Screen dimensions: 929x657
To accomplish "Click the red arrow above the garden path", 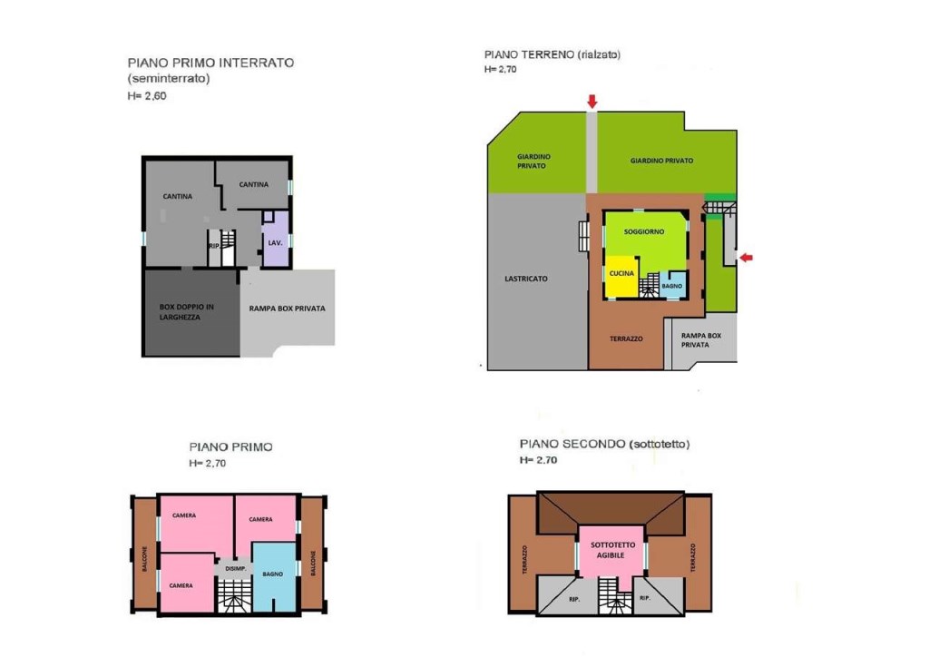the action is [x=592, y=102].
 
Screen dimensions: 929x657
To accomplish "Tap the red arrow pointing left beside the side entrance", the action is [x=746, y=258].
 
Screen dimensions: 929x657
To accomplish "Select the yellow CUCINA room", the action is [x=621, y=276].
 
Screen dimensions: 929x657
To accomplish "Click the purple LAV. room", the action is [x=276, y=238].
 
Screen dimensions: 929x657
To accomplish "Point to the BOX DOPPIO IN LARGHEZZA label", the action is [x=186, y=311].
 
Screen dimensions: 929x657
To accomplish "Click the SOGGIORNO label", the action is [x=644, y=231].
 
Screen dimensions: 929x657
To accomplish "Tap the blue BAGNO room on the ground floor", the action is [x=672, y=285].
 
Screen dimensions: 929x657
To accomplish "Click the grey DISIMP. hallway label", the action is [x=236, y=569].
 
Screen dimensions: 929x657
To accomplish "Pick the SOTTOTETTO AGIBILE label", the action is [x=612, y=550].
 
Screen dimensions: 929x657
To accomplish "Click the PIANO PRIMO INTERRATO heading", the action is [x=210, y=63].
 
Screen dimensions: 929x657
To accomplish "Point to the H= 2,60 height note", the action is [x=147, y=96].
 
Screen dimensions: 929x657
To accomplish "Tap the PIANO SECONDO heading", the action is [x=572, y=444].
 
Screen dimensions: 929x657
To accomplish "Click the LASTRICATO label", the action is [x=526, y=279].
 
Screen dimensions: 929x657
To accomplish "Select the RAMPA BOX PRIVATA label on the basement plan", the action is [x=288, y=308].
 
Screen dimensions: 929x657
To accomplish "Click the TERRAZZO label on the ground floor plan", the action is [x=626, y=338].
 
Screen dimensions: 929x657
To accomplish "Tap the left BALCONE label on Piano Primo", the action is [x=144, y=559].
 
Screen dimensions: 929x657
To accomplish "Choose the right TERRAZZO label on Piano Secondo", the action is [x=692, y=557].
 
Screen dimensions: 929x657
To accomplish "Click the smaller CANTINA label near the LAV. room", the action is [x=254, y=185].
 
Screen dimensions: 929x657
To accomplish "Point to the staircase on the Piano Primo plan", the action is [x=235, y=595].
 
